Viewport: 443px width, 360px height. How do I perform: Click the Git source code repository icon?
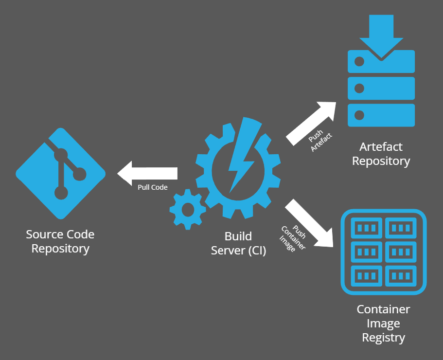61,173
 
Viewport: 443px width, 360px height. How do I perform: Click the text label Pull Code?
153,187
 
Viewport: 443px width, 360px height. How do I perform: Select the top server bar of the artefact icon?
382,62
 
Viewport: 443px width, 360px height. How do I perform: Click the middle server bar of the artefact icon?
382,88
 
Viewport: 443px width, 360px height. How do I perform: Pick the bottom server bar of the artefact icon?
382,115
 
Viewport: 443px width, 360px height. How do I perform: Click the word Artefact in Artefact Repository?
381,147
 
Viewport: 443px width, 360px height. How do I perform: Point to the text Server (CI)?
239,251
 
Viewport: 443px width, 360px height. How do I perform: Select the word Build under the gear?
238,236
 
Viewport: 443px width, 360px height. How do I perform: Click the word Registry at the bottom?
383,338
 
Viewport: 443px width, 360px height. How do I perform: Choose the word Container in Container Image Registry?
383,309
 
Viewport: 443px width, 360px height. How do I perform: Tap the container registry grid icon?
383,252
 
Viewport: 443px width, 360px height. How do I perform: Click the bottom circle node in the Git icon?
61,193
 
